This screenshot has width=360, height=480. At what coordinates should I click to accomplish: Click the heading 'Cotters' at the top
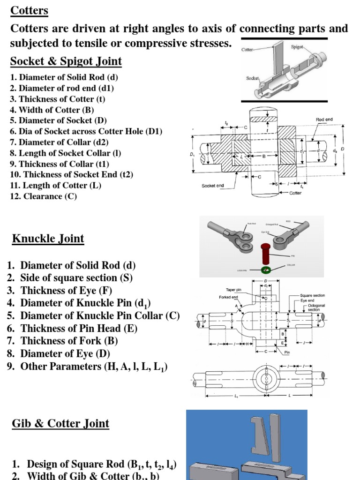point(29,10)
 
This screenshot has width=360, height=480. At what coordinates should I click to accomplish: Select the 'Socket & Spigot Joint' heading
point(66,61)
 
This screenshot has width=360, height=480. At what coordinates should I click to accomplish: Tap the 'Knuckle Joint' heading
point(48,239)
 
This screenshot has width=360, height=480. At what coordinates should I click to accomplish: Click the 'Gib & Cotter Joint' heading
point(60,423)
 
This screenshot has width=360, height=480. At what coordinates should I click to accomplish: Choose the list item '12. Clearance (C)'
point(43,196)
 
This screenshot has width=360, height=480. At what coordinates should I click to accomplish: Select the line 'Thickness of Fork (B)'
point(69,341)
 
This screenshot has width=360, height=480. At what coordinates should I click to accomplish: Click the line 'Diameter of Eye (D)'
point(65,353)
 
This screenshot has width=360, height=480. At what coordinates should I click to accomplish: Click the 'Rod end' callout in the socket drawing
point(324,120)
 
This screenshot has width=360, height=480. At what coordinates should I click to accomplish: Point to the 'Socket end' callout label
point(213,186)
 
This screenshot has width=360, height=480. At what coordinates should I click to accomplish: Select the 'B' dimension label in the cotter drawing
point(264,156)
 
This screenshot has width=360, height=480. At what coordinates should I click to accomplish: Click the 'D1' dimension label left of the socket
point(191,154)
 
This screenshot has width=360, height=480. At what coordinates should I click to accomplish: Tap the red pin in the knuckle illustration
point(265,254)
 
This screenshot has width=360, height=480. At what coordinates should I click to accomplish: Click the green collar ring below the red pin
point(267,270)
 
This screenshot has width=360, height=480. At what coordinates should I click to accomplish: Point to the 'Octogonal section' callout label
point(314,307)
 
